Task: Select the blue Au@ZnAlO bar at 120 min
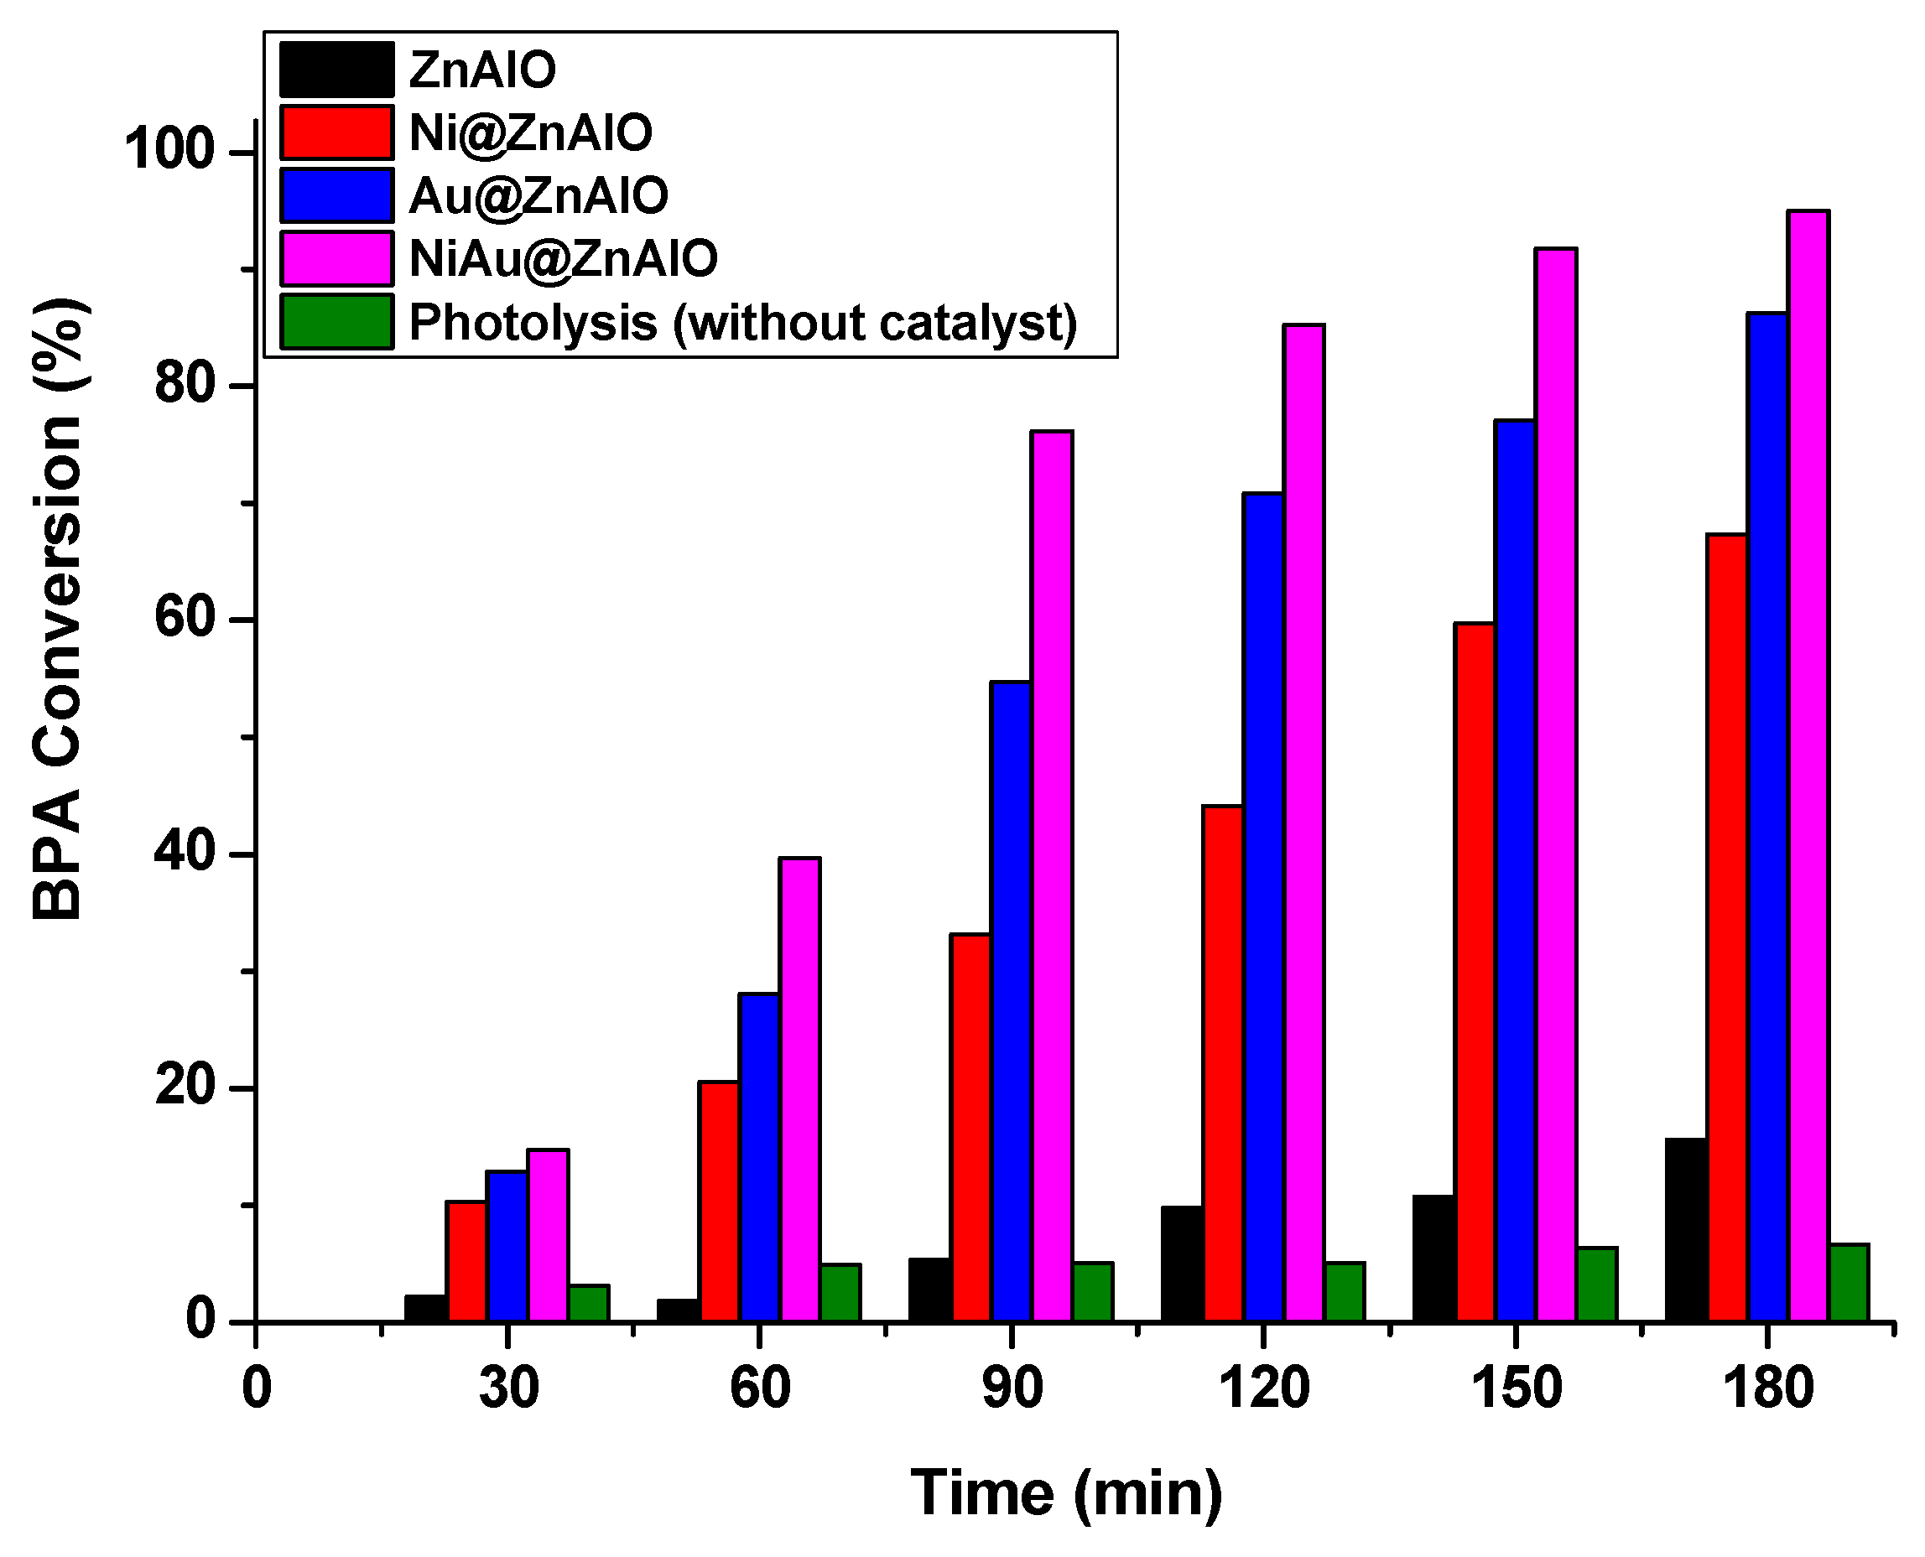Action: pos(1263,906)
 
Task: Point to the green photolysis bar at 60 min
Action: pos(840,1292)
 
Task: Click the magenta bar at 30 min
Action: pos(547,1234)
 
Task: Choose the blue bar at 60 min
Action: pos(759,1157)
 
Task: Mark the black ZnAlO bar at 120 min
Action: pos(1181,1264)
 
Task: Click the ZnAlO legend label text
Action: pos(481,70)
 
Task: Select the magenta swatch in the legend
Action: pos(336,258)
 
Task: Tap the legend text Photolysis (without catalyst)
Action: pos(742,322)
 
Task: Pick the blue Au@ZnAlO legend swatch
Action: pos(336,195)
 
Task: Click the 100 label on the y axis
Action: pos(170,151)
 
